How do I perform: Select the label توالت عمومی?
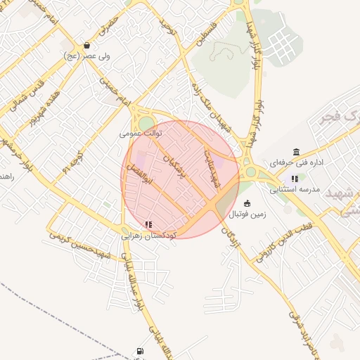coord(141,132)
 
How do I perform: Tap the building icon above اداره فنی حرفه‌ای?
coord(296,152)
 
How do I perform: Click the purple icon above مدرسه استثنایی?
coord(294,179)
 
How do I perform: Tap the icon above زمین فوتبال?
coord(247,204)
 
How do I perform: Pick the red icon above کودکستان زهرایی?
coord(148,225)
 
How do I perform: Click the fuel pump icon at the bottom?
coord(141,351)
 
